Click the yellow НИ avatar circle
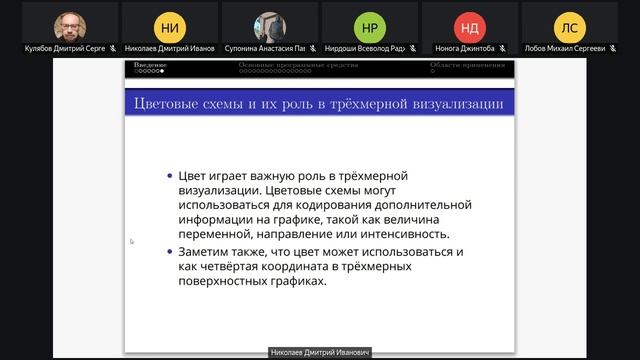tap(170, 27)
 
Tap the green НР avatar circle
tap(370, 27)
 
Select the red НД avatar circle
tap(469, 27)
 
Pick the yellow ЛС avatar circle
tap(570, 27)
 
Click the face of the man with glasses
tap(70, 24)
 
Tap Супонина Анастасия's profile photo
tap(270, 26)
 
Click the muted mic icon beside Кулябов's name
tap(113, 48)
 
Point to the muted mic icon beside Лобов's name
tap(613, 48)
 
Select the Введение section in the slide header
tap(151, 66)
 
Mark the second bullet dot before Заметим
tap(170, 252)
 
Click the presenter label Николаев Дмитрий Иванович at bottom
tap(320, 353)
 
